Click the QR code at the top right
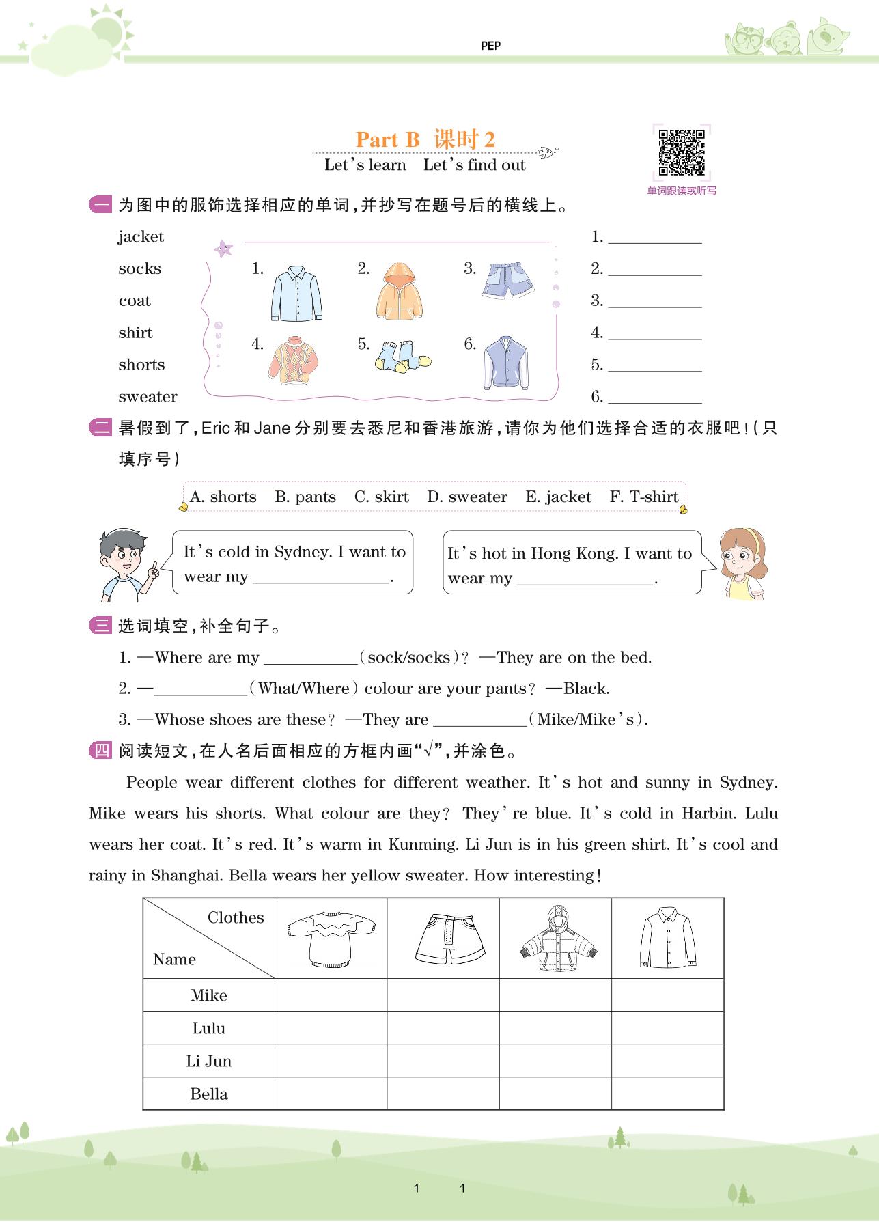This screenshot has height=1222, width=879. [x=681, y=152]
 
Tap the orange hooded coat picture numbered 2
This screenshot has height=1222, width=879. [x=399, y=291]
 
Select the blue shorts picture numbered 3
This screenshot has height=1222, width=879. [x=507, y=281]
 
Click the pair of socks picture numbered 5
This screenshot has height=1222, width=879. [x=403, y=357]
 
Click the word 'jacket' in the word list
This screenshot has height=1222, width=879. [x=141, y=237]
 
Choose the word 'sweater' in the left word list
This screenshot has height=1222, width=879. [x=148, y=397]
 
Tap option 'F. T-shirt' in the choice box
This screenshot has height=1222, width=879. [x=644, y=497]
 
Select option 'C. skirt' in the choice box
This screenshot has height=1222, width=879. [x=381, y=497]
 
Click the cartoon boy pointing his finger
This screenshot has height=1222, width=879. [x=125, y=563]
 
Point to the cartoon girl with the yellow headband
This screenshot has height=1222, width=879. [x=740, y=563]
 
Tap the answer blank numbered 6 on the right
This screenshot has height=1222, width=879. [x=654, y=398]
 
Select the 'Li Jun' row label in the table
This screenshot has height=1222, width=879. [x=208, y=1061]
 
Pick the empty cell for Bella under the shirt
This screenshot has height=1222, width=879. [x=667, y=1094]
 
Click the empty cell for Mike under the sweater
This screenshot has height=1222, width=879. [x=331, y=995]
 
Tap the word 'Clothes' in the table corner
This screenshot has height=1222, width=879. [x=236, y=917]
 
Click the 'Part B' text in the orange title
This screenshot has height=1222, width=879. [x=387, y=139]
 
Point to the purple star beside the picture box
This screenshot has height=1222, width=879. [x=223, y=249]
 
